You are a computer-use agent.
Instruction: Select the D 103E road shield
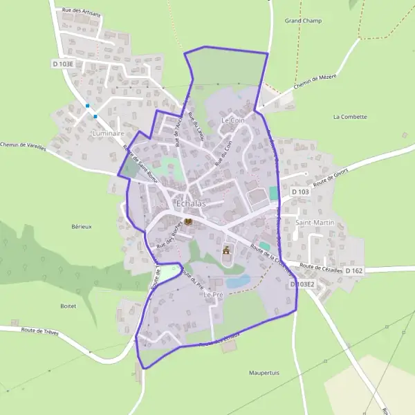[x=63, y=63]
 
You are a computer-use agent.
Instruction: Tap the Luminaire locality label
[x=107, y=133]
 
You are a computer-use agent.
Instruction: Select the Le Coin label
[x=232, y=120]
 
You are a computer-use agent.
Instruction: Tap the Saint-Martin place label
[x=315, y=223]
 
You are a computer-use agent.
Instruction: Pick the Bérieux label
[x=82, y=226]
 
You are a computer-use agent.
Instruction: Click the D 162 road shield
[x=353, y=270]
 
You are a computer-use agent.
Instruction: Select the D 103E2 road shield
[x=302, y=284]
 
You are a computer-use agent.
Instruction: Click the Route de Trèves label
[x=39, y=332]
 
